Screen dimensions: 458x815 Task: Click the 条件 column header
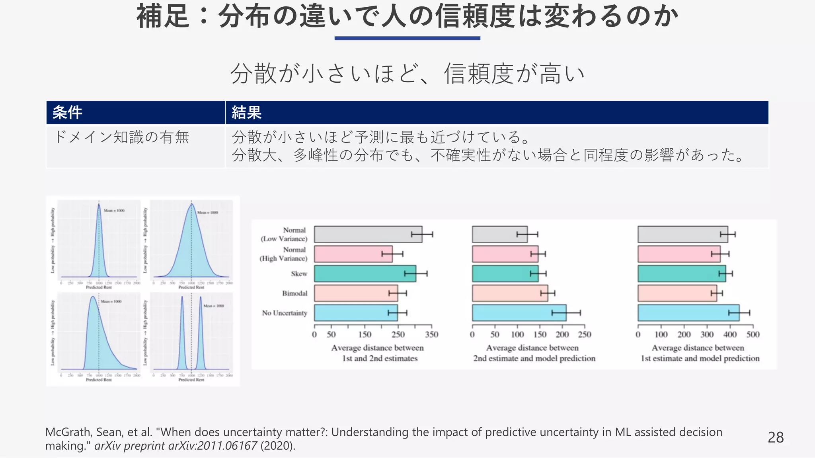67,113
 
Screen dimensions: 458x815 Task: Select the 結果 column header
246,113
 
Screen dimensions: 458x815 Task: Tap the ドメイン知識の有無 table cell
121,137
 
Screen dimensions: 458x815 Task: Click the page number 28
775,437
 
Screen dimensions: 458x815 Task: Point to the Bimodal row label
294,293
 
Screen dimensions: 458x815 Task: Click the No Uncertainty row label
285,313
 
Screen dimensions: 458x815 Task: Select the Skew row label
299,274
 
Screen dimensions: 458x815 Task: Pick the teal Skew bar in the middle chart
505,274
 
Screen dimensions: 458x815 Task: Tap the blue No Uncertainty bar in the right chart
688,313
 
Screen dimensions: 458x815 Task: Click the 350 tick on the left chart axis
431,334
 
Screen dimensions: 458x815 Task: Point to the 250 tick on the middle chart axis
584,334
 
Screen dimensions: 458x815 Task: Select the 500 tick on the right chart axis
753,334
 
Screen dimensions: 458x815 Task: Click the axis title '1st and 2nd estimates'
380,358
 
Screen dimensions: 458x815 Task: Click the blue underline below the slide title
407,38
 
